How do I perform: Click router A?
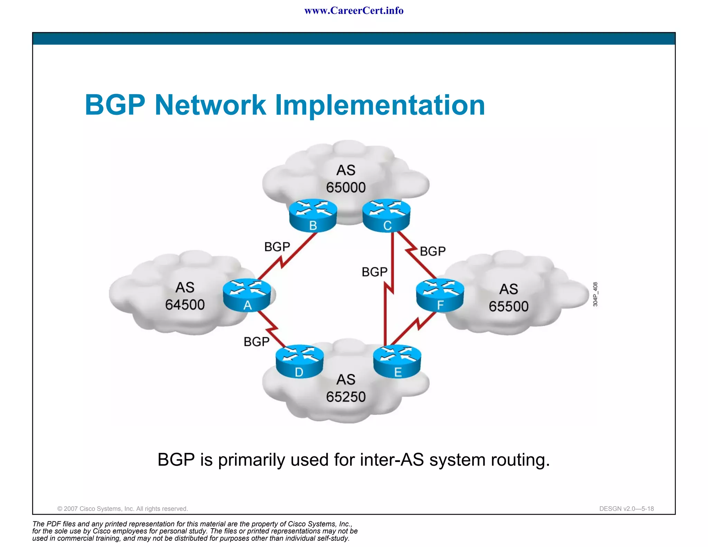coord(247,295)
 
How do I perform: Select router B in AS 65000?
coord(313,215)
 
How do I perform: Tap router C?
coord(386,215)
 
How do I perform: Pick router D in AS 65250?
coord(300,361)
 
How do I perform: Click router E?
coord(397,361)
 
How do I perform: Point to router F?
coord(440,295)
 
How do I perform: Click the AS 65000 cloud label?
coord(346,179)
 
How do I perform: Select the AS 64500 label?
coord(185,296)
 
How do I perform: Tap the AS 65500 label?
coord(509,298)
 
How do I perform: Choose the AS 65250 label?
coord(346,388)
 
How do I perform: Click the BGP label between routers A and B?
coord(277,247)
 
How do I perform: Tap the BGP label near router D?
coord(256,342)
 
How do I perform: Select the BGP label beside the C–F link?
coord(432,251)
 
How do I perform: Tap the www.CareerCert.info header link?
coord(354,11)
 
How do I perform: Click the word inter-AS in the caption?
coord(392,460)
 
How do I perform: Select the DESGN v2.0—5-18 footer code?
coord(626,509)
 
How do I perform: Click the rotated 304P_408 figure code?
coord(595,294)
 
